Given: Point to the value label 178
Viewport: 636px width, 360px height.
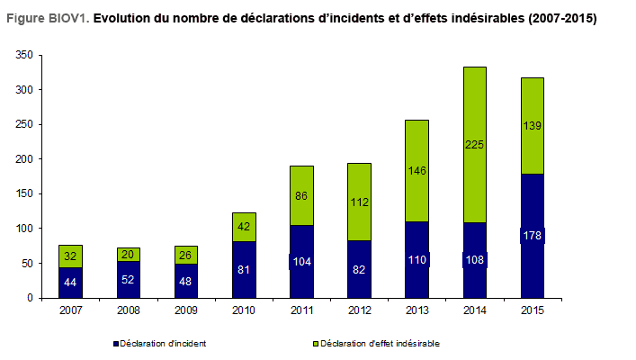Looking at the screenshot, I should point(532,236).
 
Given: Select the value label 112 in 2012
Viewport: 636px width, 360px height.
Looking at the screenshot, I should point(359,202).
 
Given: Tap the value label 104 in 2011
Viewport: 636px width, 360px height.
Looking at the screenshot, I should point(301,262).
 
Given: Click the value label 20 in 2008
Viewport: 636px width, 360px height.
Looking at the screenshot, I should point(129,255).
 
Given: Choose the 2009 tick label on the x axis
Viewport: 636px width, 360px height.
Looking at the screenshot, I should point(186,310).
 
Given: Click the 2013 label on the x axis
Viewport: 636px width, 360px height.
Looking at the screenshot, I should point(417,310).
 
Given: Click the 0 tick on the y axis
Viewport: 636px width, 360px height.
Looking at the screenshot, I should point(31,298).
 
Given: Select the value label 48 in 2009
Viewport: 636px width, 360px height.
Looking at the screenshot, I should point(186,281).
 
